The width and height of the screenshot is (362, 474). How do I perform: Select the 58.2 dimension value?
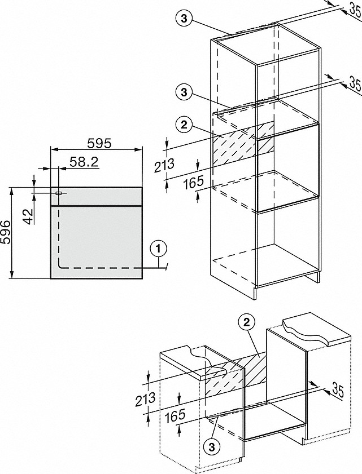[84, 162]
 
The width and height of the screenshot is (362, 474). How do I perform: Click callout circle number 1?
[159, 247]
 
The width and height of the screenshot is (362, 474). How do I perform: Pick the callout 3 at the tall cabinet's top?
[184, 18]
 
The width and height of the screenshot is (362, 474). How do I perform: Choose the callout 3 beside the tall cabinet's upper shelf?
[184, 92]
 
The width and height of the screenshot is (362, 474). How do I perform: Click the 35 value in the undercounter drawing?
[338, 389]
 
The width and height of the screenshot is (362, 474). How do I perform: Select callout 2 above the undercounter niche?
[246, 322]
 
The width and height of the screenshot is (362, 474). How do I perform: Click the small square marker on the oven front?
[58, 193]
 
